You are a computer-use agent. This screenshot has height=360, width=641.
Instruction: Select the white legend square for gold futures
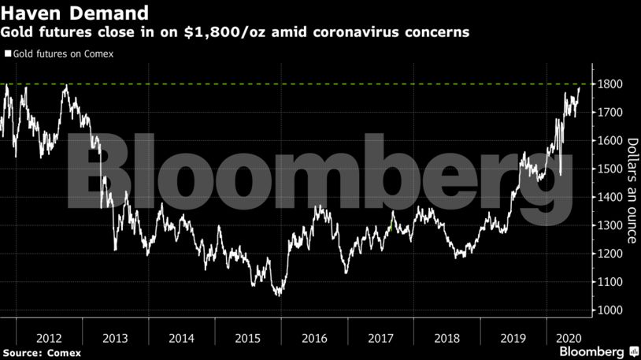tap(7, 54)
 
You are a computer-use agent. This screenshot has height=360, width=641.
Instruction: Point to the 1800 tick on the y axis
tap(610, 84)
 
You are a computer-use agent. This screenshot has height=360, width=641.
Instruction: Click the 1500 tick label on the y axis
tap(610, 169)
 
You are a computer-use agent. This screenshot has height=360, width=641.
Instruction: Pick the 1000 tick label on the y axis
tap(610, 310)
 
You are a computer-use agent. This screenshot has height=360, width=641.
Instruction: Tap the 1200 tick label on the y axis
tap(610, 254)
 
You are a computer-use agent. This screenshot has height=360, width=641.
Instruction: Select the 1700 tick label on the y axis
tap(610, 113)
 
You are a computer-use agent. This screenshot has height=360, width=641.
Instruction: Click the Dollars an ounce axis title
tap(631, 190)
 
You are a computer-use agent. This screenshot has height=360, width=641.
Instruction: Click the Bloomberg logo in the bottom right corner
tap(591, 350)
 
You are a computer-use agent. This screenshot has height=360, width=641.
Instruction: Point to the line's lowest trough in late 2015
tap(278, 295)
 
